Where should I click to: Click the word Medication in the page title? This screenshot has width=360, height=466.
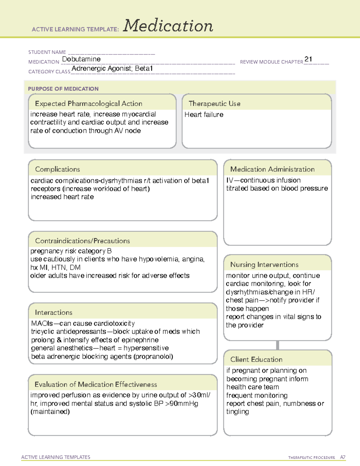click(168, 26)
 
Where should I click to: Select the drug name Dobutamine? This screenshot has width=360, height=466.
click(81, 59)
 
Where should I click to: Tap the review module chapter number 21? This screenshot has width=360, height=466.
click(308, 59)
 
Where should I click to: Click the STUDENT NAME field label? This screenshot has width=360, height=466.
click(47, 52)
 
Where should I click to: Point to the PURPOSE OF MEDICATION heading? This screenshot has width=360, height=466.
click(63, 89)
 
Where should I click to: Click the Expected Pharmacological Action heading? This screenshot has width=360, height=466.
click(88, 104)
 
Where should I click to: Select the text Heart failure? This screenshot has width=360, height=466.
click(204, 115)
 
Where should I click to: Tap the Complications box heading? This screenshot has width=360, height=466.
click(57, 169)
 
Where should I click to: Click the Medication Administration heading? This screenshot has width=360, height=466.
click(272, 169)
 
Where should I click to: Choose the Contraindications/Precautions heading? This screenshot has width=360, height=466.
click(82, 241)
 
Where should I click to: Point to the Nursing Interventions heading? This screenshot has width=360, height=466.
click(264, 265)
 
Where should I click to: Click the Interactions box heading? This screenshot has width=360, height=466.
click(53, 313)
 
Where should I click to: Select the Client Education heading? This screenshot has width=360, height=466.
click(256, 359)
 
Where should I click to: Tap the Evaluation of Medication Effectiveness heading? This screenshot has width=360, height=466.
click(96, 384)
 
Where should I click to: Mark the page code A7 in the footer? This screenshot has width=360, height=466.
click(342, 457)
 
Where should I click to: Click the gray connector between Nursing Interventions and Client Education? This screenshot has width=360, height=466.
click(277, 345)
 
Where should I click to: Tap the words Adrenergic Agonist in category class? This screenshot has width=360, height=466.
click(102, 69)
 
